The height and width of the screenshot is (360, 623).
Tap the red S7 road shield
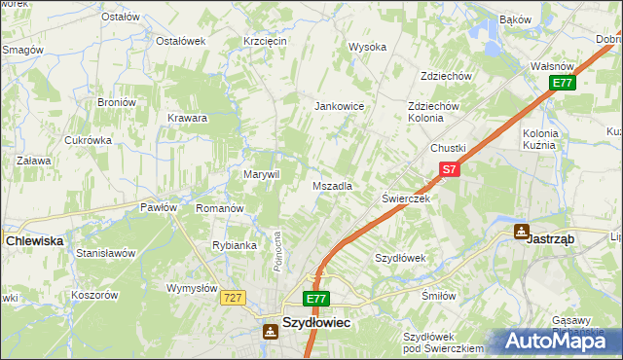pos(448,169)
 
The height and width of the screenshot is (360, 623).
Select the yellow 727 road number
pos(232,298)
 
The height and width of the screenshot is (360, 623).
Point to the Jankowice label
pos(339,106)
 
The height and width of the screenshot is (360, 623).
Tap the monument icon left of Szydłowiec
pos(268,331)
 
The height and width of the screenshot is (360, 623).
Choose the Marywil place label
pos(261,174)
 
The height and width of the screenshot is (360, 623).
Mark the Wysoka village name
pos(368,47)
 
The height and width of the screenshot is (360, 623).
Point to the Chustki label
pos(449,147)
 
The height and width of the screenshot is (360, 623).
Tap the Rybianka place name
pos(234,245)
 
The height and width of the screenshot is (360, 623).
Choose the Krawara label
pos(187,119)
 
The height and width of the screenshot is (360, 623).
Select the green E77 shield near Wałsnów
pos(562,83)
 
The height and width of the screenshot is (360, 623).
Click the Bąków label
pos(515,19)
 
